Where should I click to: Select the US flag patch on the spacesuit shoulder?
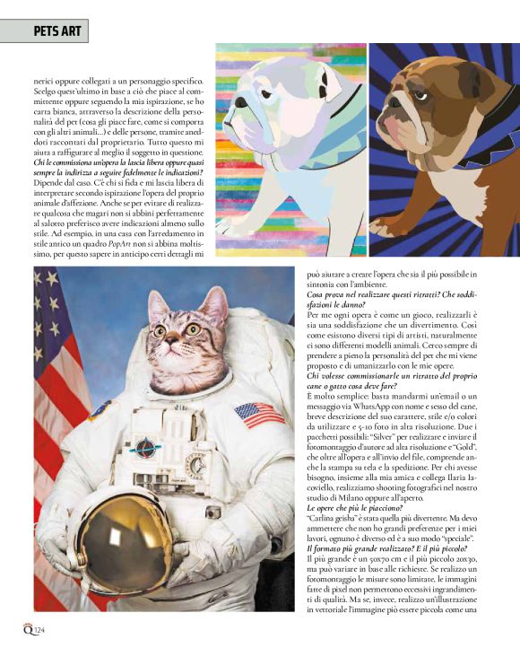[259, 414]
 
